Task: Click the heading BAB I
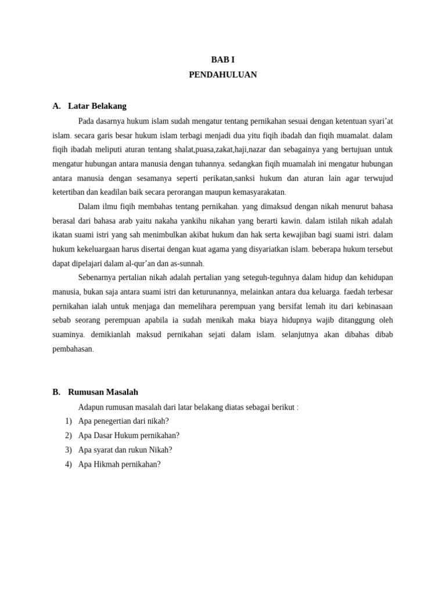222,60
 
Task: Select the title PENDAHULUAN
222,75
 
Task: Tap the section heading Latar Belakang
97,106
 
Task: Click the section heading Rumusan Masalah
103,392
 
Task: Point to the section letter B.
56,392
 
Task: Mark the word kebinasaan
372,306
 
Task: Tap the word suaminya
69,335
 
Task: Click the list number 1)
69,421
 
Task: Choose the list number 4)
69,464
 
